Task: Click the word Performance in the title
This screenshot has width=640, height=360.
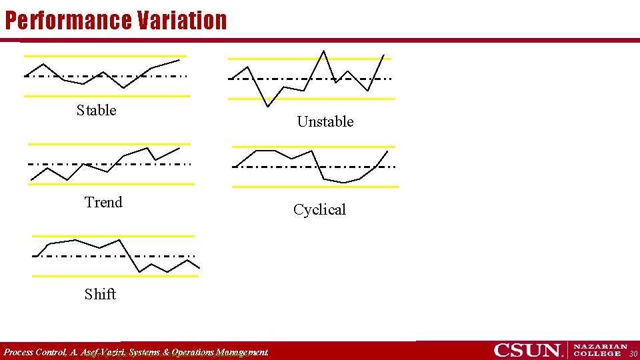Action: pos(68,20)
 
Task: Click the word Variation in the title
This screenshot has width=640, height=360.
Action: pos(182,20)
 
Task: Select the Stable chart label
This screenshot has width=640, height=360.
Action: pos(96,110)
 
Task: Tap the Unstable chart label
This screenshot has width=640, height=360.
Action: pos(325,121)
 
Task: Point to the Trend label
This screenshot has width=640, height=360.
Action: pos(103,202)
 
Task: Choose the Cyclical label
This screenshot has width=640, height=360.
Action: pos(319,209)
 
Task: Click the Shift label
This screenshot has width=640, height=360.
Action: pos(100,294)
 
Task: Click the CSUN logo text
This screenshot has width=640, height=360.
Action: pos(527,350)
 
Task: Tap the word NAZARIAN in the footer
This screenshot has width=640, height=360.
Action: pos(601,347)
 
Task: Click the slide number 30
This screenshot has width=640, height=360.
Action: pos(633,353)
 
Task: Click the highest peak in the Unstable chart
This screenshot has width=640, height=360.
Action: pos(324,51)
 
